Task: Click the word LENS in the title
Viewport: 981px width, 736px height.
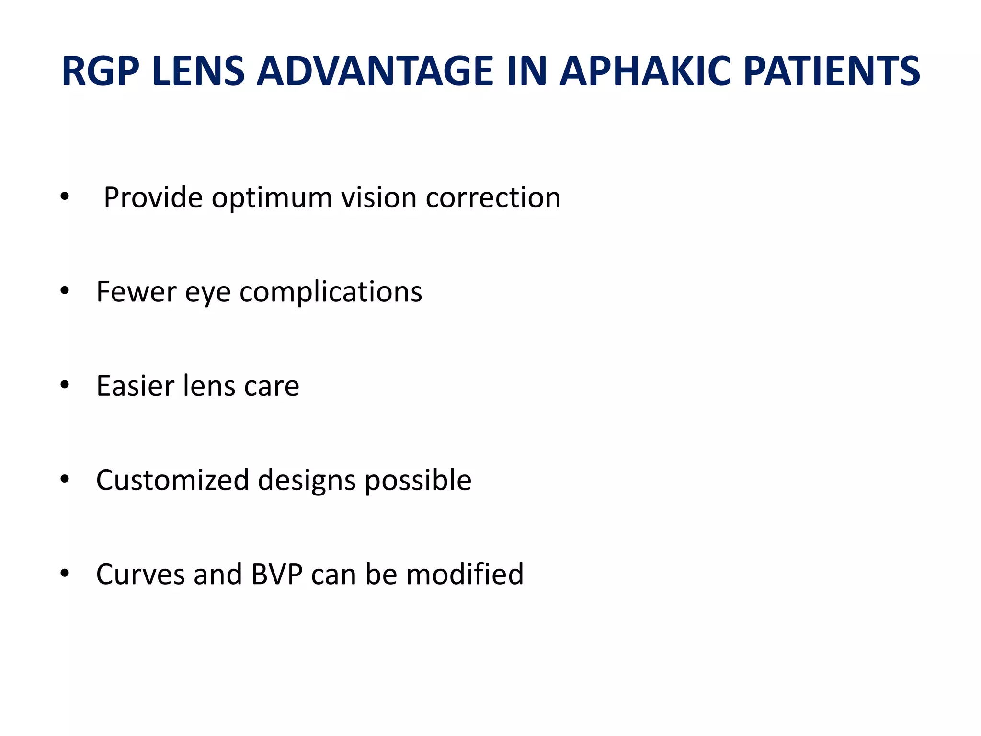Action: (198, 71)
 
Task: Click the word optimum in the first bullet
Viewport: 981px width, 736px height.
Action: (272, 197)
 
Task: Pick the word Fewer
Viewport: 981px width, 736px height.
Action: (136, 291)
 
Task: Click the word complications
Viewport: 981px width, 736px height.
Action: (331, 292)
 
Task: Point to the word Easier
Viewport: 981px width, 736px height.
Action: (135, 386)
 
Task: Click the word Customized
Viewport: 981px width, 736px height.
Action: (172, 480)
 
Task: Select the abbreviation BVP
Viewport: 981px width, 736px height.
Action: (277, 574)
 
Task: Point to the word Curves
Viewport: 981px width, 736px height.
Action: (140, 574)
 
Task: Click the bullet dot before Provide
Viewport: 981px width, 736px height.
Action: (65, 196)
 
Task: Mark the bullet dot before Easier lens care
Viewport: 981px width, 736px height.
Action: (65, 385)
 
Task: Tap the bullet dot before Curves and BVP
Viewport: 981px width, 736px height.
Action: (65, 573)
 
